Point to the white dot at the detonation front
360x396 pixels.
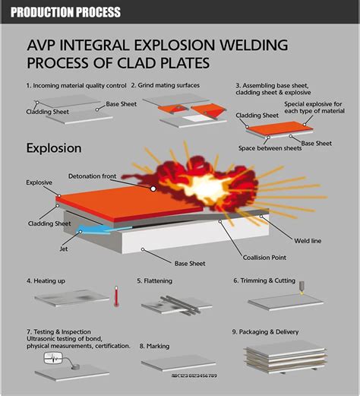click(153, 188)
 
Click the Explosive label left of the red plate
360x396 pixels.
click(39, 182)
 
